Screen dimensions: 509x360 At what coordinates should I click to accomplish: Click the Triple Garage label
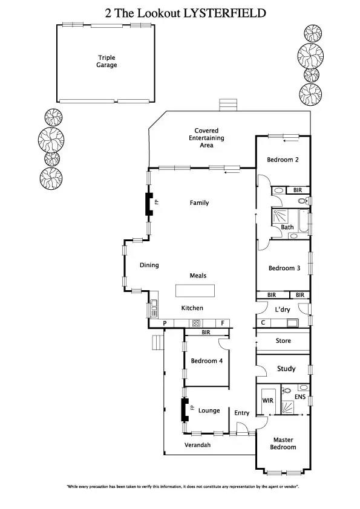click(x=107, y=62)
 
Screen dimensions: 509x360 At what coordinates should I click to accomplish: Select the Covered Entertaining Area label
click(x=206, y=138)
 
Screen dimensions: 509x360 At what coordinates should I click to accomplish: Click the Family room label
click(x=199, y=203)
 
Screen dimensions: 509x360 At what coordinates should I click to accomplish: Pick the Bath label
click(x=287, y=227)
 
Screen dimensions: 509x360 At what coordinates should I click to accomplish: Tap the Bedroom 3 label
click(x=284, y=268)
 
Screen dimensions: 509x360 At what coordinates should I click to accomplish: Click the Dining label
click(x=149, y=265)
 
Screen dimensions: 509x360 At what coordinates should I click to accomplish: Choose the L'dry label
click(x=283, y=310)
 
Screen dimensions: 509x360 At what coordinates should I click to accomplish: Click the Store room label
click(x=283, y=341)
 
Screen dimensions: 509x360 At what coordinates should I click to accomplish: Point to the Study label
click(x=286, y=369)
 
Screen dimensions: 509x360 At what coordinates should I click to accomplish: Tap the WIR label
click(x=267, y=400)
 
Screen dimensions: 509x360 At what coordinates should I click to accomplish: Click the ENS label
click(x=300, y=397)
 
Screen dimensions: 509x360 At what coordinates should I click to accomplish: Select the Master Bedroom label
click(x=284, y=444)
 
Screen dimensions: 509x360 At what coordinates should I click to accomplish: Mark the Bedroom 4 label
click(x=206, y=361)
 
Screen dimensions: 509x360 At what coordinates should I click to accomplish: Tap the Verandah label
click(x=197, y=446)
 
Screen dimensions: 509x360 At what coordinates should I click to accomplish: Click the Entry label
click(x=242, y=413)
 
